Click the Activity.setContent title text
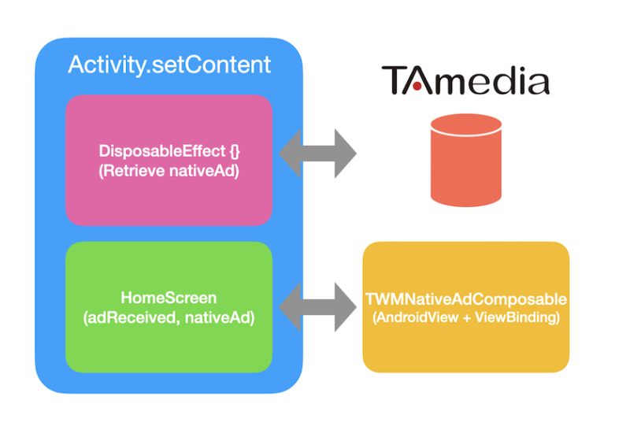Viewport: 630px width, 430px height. click(x=169, y=65)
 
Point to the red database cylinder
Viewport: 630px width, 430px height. click(x=465, y=161)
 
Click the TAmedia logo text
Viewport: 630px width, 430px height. click(x=465, y=81)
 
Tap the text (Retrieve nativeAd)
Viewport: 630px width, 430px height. click(x=169, y=168)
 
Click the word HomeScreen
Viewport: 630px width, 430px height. click(x=169, y=298)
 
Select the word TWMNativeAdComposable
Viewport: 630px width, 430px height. click(x=465, y=300)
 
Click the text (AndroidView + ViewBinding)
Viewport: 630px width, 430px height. click(x=465, y=317)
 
